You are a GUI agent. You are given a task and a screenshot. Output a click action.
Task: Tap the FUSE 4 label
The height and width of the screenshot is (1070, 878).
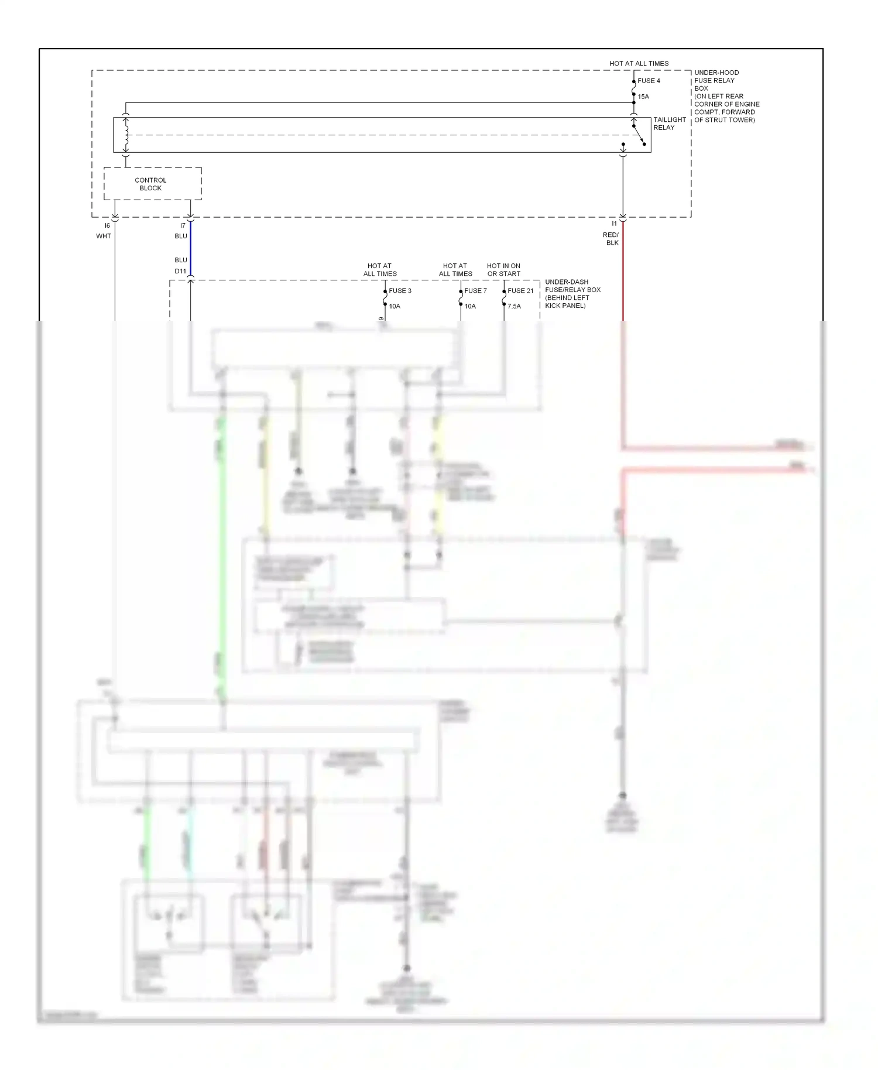point(649,81)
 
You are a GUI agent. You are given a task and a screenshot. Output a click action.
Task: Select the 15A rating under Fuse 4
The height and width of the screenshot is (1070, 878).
point(643,97)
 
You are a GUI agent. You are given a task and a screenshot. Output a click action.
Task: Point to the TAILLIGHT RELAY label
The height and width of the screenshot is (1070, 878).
point(669,124)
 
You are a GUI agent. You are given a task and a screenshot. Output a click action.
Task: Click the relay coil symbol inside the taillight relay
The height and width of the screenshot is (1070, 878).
point(126,135)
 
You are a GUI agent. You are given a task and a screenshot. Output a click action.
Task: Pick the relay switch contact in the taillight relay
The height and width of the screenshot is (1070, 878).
point(639,135)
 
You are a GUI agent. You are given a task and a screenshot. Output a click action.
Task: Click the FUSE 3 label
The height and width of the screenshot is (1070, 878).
point(400,291)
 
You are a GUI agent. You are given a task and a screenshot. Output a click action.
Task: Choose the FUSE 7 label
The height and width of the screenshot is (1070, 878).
point(475,291)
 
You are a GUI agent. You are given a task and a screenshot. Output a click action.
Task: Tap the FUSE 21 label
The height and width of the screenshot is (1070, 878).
point(520,291)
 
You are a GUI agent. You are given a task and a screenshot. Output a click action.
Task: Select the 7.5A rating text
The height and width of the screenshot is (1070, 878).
point(514,306)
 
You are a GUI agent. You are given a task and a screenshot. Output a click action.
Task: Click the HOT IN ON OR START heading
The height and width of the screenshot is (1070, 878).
point(503,270)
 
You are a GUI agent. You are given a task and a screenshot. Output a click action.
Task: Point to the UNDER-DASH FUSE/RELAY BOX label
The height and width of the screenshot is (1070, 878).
point(572,294)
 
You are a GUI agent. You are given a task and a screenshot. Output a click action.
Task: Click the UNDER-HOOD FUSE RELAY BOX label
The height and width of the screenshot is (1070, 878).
point(726,96)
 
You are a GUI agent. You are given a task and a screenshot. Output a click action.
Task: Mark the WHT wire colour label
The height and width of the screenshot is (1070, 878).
point(104,236)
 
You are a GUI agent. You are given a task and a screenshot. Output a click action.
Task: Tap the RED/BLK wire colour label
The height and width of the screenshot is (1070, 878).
point(611,239)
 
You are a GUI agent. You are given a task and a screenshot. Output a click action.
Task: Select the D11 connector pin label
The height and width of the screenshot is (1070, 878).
point(180,272)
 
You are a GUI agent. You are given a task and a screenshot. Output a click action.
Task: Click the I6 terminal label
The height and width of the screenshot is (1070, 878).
point(107,226)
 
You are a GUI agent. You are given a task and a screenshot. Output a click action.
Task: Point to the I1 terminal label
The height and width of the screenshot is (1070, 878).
point(614,224)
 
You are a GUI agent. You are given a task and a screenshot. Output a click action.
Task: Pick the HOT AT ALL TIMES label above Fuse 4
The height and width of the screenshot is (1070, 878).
point(639,63)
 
